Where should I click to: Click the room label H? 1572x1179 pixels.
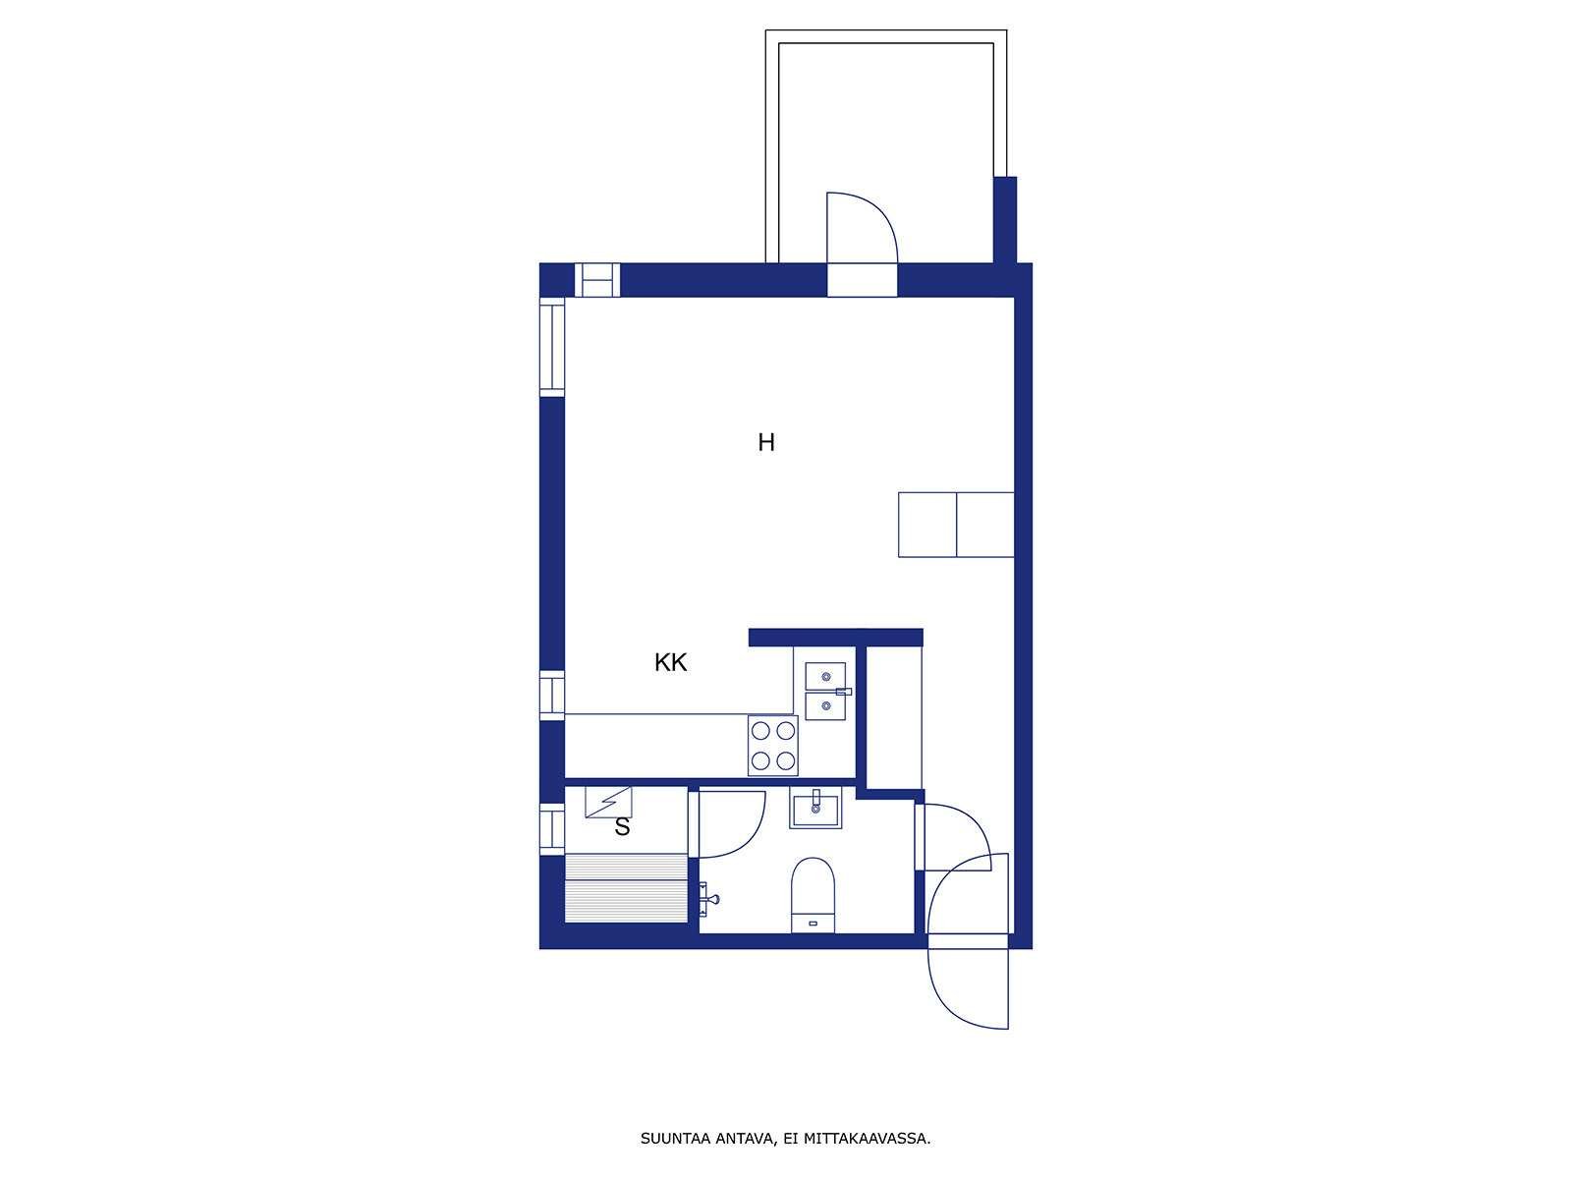pyautogui.click(x=766, y=442)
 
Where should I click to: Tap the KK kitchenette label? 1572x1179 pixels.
pyautogui.click(x=670, y=662)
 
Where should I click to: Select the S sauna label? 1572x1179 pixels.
pyautogui.click(x=622, y=827)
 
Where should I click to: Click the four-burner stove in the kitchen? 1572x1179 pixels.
pyautogui.click(x=773, y=745)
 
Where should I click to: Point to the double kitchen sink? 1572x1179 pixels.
pyautogui.click(x=825, y=691)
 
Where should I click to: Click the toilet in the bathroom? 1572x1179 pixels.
pyautogui.click(x=813, y=895)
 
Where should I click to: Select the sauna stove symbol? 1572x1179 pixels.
pyautogui.click(x=609, y=802)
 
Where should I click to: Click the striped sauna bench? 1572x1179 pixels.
pyautogui.click(x=626, y=888)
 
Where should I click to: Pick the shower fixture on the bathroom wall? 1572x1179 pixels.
pyautogui.click(x=707, y=899)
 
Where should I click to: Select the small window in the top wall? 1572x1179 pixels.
pyautogui.click(x=597, y=280)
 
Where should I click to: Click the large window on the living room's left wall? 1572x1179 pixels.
pyautogui.click(x=552, y=347)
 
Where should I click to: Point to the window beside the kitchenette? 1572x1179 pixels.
pyautogui.click(x=552, y=695)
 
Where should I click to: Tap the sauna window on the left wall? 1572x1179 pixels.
pyautogui.click(x=552, y=829)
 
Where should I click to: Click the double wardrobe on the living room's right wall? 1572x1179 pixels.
pyautogui.click(x=956, y=525)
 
